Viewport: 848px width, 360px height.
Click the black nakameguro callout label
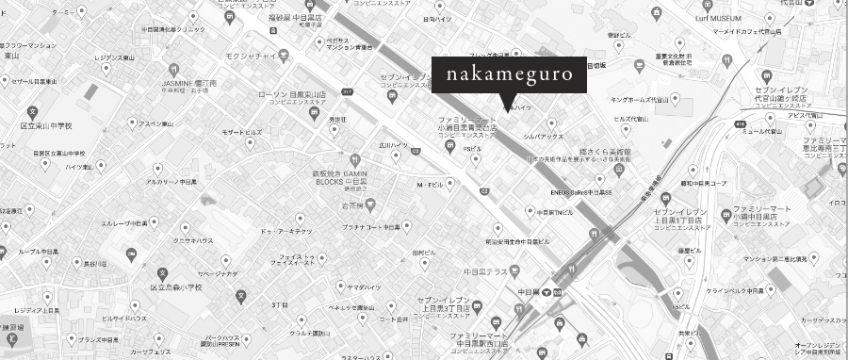pyautogui.click(x=510, y=74)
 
